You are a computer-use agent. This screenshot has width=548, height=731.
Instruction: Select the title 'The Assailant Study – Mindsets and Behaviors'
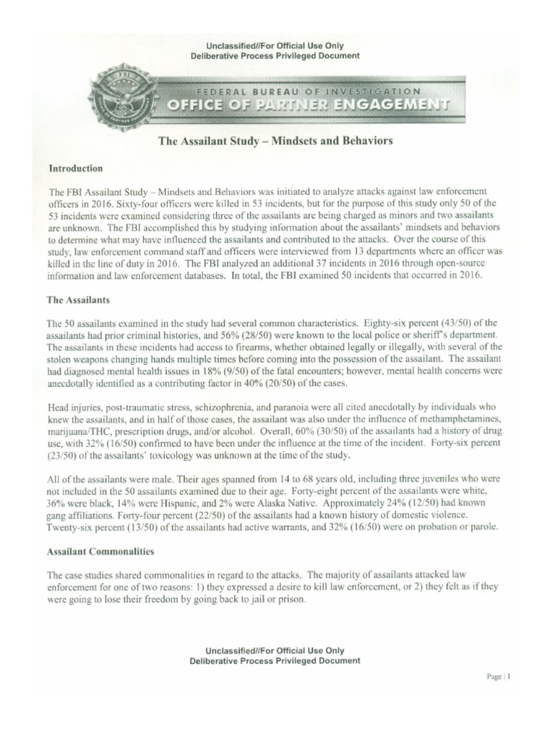tap(275, 141)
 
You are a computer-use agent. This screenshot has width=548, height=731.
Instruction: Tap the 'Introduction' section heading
tap(76, 169)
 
